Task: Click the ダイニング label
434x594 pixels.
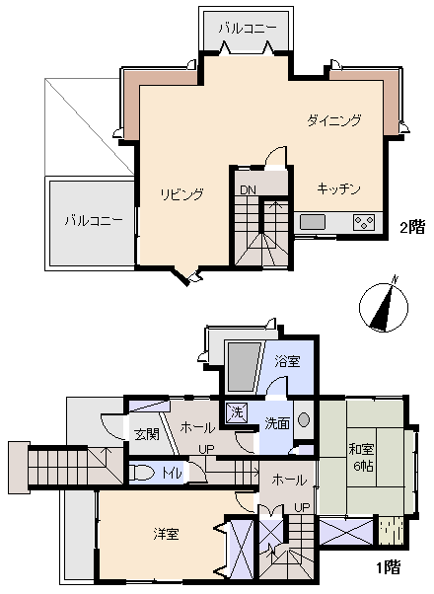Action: [x=333, y=121]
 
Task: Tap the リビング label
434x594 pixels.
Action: [x=182, y=194]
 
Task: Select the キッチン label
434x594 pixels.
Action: [x=338, y=187]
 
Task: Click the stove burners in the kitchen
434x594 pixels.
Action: [x=364, y=222]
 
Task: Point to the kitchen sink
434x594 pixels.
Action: [x=314, y=222]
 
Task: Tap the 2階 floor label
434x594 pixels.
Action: [x=410, y=227]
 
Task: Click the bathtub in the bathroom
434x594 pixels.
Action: [x=241, y=367]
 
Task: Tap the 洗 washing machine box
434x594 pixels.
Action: [x=237, y=412]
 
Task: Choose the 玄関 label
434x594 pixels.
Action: [x=146, y=435]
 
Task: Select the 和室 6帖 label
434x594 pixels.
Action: [x=361, y=457]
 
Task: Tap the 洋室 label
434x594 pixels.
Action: [x=166, y=534]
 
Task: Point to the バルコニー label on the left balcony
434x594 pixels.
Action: [x=94, y=220]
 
